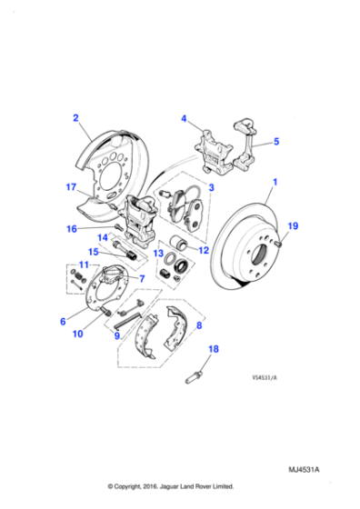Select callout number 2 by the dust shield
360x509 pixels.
coord(75,117)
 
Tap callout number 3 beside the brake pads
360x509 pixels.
coord(211,186)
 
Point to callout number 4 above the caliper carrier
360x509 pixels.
coord(184,119)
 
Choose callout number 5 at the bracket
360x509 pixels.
coord(277,142)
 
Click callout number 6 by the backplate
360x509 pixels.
coord(64,320)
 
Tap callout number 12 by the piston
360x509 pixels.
coord(204,250)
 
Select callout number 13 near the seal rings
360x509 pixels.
coord(157,254)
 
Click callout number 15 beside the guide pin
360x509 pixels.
coord(93,252)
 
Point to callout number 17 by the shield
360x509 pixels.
coord(70,188)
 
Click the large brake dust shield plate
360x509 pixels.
coord(114,159)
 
